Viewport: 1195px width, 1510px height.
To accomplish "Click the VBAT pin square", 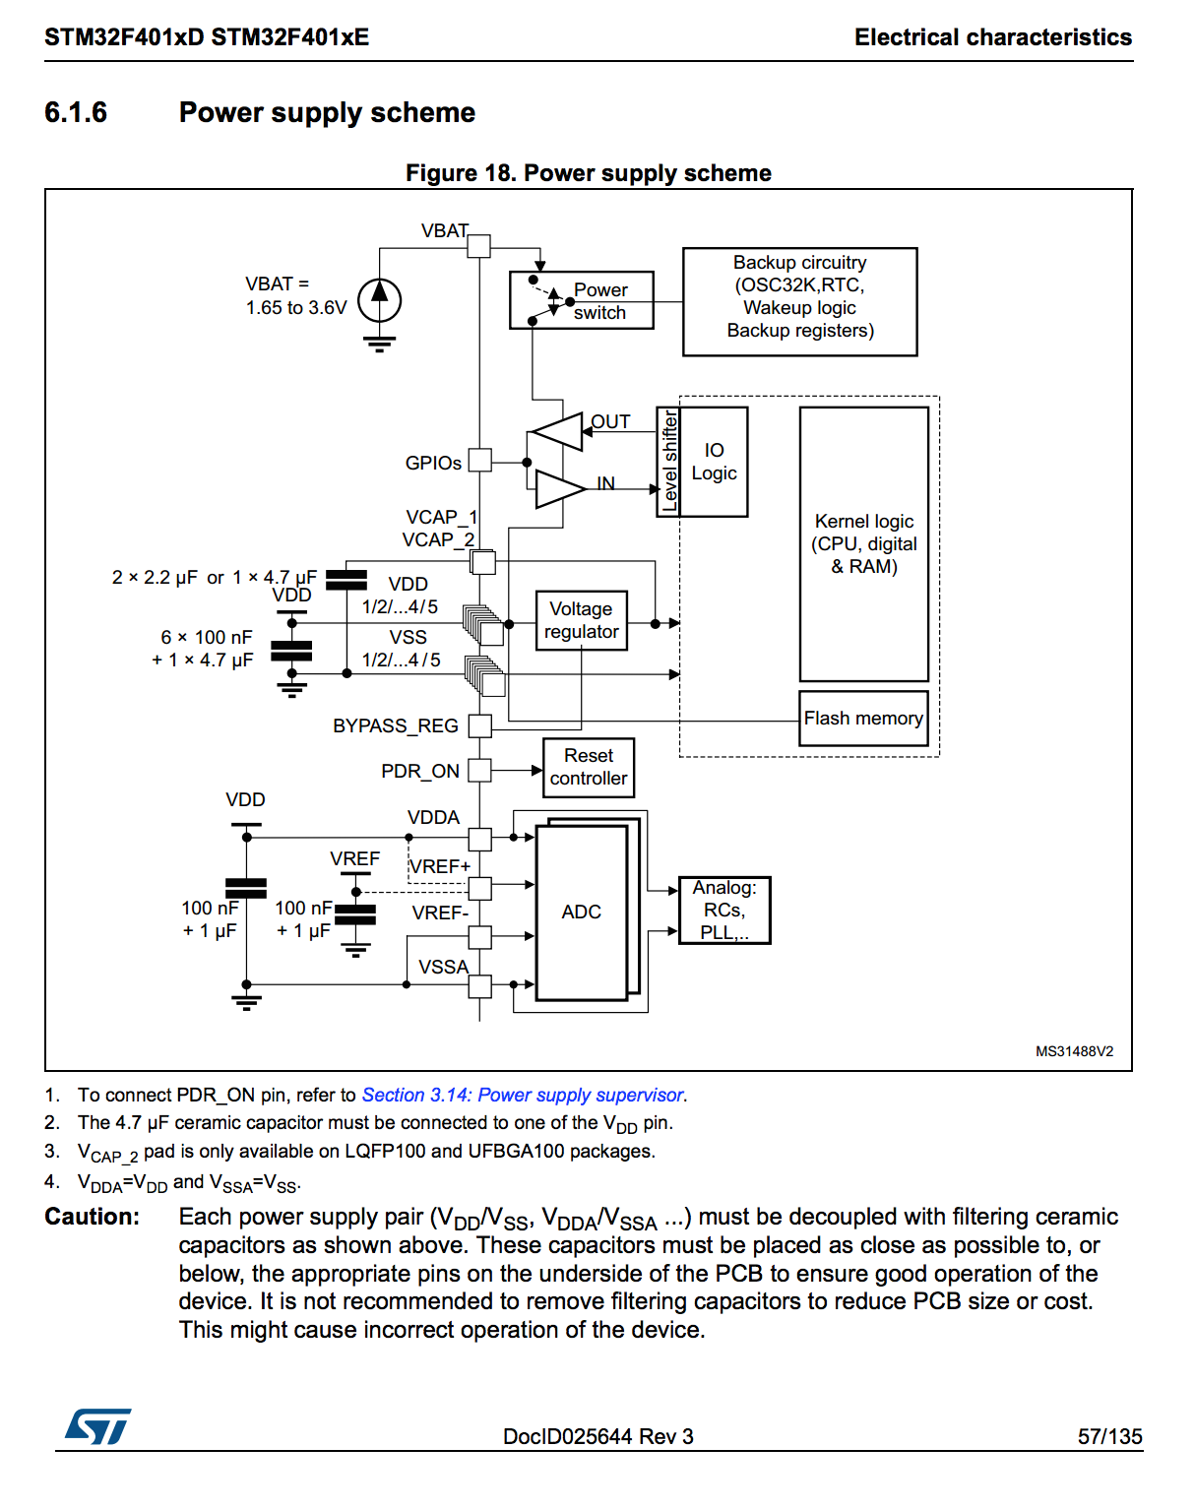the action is point(479,246).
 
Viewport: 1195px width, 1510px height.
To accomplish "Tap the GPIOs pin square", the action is point(480,461).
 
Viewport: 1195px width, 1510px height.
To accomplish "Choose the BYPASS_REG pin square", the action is point(480,725).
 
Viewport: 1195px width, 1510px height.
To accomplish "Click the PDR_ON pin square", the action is point(480,771).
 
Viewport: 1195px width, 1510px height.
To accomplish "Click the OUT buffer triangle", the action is point(556,431).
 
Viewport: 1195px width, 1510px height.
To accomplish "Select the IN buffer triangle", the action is point(561,489).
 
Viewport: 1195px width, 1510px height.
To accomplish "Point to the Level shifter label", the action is point(668,462).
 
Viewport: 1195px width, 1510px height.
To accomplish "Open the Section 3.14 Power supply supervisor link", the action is point(523,1095).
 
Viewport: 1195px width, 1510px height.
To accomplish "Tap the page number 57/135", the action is point(1110,1436).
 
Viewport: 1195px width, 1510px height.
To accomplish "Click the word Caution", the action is point(92,1216).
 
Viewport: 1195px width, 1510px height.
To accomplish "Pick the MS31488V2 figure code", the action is point(1074,1051).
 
